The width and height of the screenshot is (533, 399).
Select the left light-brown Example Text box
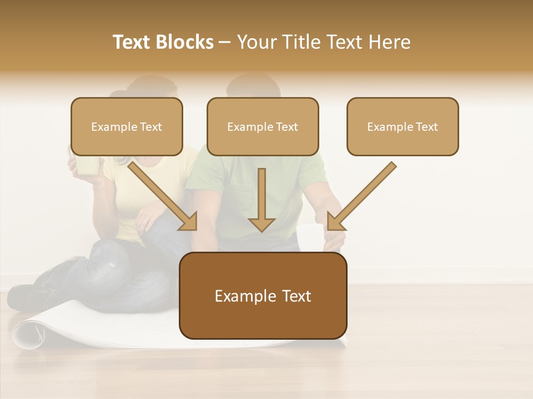tap(127, 126)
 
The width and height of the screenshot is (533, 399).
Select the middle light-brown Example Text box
tap(263, 126)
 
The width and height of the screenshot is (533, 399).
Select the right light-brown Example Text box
tap(403, 126)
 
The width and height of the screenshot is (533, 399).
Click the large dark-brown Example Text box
tap(263, 295)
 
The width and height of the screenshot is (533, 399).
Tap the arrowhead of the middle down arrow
tap(262, 224)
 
